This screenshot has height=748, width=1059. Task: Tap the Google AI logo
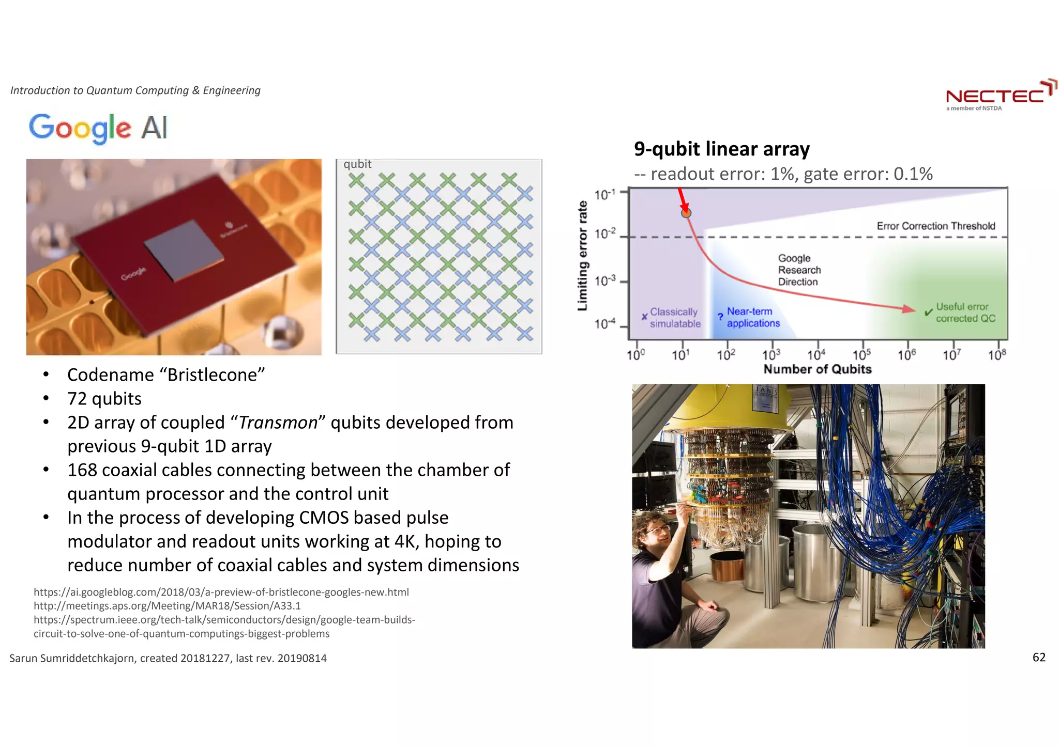click(x=98, y=128)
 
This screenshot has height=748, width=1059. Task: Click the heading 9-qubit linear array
click(x=722, y=149)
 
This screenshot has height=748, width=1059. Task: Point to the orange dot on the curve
click(x=686, y=213)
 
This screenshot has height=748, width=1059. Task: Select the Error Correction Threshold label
click(x=935, y=226)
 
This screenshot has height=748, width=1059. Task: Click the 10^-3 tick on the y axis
click(x=605, y=281)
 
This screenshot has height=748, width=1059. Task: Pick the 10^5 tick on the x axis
click(x=861, y=355)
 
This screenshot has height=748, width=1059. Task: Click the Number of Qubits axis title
click(x=817, y=369)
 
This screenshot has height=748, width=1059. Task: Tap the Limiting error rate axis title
click(x=583, y=256)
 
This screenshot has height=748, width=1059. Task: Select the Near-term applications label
click(x=752, y=317)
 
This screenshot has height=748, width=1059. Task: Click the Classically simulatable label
click(x=675, y=318)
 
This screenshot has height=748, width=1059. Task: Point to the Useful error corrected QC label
click(x=965, y=313)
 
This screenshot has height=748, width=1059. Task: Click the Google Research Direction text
click(x=799, y=270)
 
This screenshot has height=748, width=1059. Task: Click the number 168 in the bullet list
click(x=83, y=470)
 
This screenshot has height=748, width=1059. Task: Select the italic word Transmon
click(x=278, y=423)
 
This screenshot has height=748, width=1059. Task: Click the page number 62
click(x=1039, y=657)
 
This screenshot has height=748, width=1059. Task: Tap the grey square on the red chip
click(x=184, y=250)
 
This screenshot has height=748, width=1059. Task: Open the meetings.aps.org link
click(x=167, y=605)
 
